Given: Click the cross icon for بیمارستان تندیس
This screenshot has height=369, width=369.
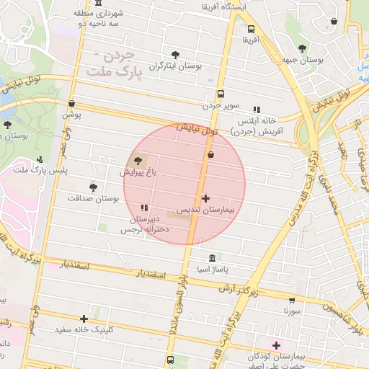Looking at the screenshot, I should [x=206, y=197].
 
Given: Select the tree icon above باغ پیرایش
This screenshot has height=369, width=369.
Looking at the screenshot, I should [x=138, y=161].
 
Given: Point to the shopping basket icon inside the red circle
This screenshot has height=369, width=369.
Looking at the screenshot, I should [x=210, y=154].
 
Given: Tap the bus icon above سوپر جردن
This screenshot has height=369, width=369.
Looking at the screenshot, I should [x=221, y=93].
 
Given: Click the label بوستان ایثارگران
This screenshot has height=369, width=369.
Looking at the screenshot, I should [x=175, y=66].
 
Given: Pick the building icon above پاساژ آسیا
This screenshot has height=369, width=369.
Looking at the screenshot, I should [x=212, y=258].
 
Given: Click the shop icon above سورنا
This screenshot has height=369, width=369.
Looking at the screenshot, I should [x=291, y=300].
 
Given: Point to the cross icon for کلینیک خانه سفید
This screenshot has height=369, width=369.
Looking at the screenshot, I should [x=84, y=318].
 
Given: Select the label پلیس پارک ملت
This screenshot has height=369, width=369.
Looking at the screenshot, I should [x=42, y=170].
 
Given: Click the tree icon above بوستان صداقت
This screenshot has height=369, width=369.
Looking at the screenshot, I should [x=92, y=187].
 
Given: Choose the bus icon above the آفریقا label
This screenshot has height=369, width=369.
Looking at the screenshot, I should [x=250, y=30].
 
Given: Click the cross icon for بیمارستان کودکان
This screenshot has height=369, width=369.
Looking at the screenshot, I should [x=276, y=345].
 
